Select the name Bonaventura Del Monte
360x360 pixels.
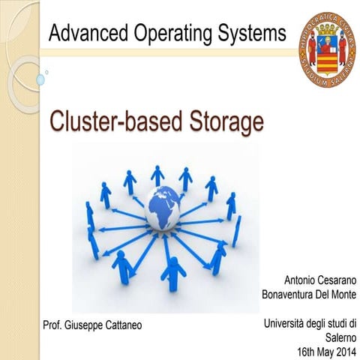tap(308, 294)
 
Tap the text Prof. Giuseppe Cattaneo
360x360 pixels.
tap(92, 325)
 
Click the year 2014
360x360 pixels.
tap(345, 351)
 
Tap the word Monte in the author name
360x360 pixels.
tap(342, 294)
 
